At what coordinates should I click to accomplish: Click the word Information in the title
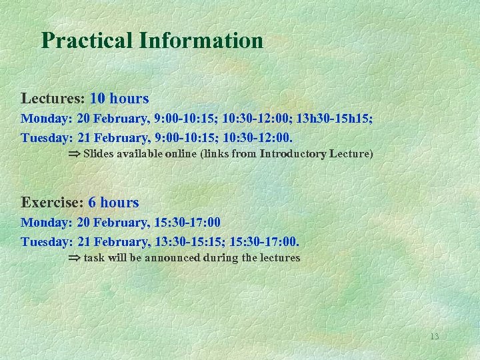[201, 41]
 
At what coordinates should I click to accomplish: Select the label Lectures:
[53, 99]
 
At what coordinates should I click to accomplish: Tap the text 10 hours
[119, 99]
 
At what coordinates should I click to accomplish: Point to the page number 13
[434, 337]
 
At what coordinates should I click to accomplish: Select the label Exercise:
[52, 203]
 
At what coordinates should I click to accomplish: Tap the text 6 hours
[113, 203]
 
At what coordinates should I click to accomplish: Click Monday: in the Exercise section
[47, 223]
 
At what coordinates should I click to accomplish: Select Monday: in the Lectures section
[47, 119]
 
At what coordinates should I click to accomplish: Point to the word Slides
[98, 154]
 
